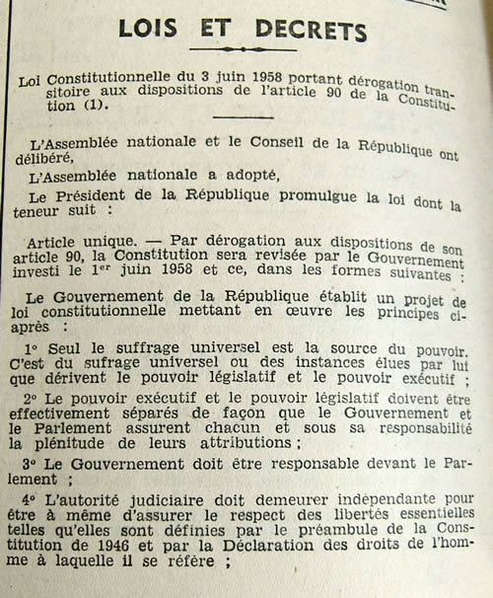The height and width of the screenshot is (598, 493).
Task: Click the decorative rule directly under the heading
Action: click(x=243, y=50)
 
